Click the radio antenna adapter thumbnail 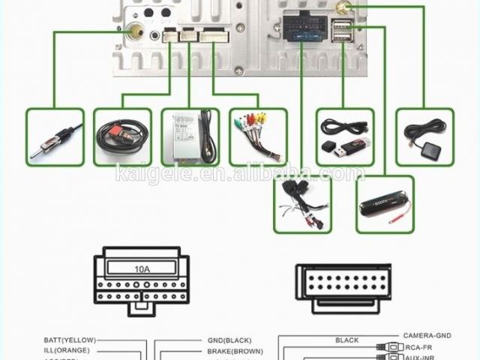click(x=55, y=136)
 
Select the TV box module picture click(x=190, y=136)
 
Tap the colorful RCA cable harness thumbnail click(x=258, y=136)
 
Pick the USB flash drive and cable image click(x=345, y=136)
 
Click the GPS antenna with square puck click(x=424, y=136)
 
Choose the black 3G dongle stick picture click(x=385, y=203)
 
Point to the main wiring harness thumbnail click(x=302, y=203)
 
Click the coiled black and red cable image click(x=122, y=136)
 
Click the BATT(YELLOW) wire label click(x=70, y=340)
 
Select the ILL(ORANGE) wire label click(x=67, y=350)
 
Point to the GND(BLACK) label click(x=230, y=340)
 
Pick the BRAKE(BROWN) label click(x=235, y=350)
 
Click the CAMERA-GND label click(x=427, y=335)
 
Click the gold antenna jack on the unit click(x=136, y=32)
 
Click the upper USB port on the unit click(x=341, y=25)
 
